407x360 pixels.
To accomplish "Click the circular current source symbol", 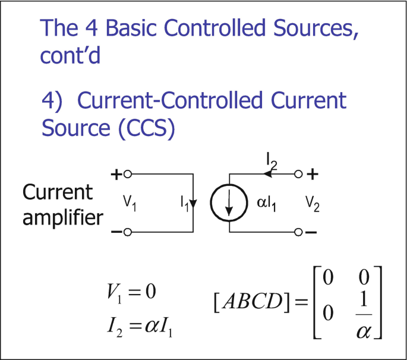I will pyautogui.click(x=229, y=203).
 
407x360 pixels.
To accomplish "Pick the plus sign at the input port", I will pyautogui.click(x=116, y=175).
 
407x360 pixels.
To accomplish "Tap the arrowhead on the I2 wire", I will pyautogui.click(x=269, y=175).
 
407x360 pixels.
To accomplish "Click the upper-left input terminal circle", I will pyautogui.click(x=127, y=175).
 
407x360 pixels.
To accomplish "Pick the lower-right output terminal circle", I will pyautogui.click(x=299, y=232).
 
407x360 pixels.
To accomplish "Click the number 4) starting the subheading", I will pyautogui.click(x=52, y=101).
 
